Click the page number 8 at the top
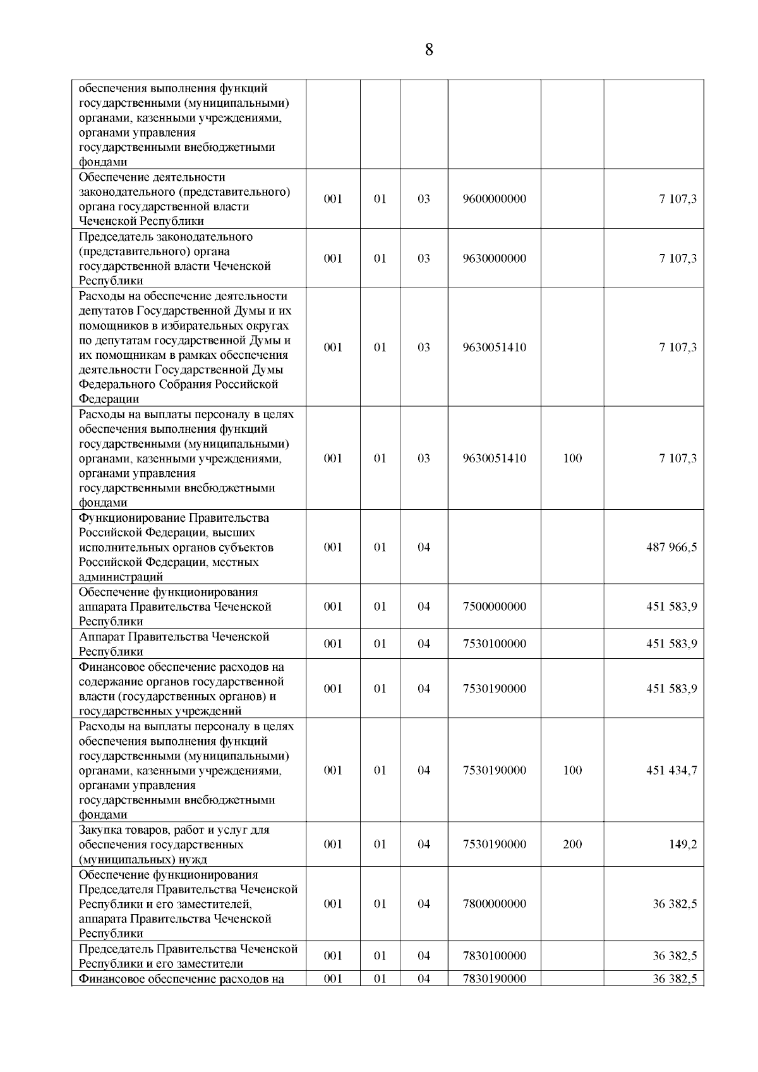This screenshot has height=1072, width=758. point(429,50)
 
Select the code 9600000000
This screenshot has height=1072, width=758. point(494,199)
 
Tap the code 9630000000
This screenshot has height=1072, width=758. point(494,258)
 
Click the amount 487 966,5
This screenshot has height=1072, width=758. point(671,548)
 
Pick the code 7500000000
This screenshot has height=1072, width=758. point(494,607)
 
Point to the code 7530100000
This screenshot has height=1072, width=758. point(494,644)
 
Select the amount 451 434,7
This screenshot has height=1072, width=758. point(671,771)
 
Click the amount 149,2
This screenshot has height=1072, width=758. point(683,845)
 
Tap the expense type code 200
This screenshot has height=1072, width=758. point(572,845)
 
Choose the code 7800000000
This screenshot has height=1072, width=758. point(494,904)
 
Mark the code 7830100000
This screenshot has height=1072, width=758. point(494,956)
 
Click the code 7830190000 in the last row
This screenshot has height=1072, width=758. point(494,979)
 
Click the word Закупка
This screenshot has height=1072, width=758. point(100,830)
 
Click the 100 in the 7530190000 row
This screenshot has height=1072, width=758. point(572,771)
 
